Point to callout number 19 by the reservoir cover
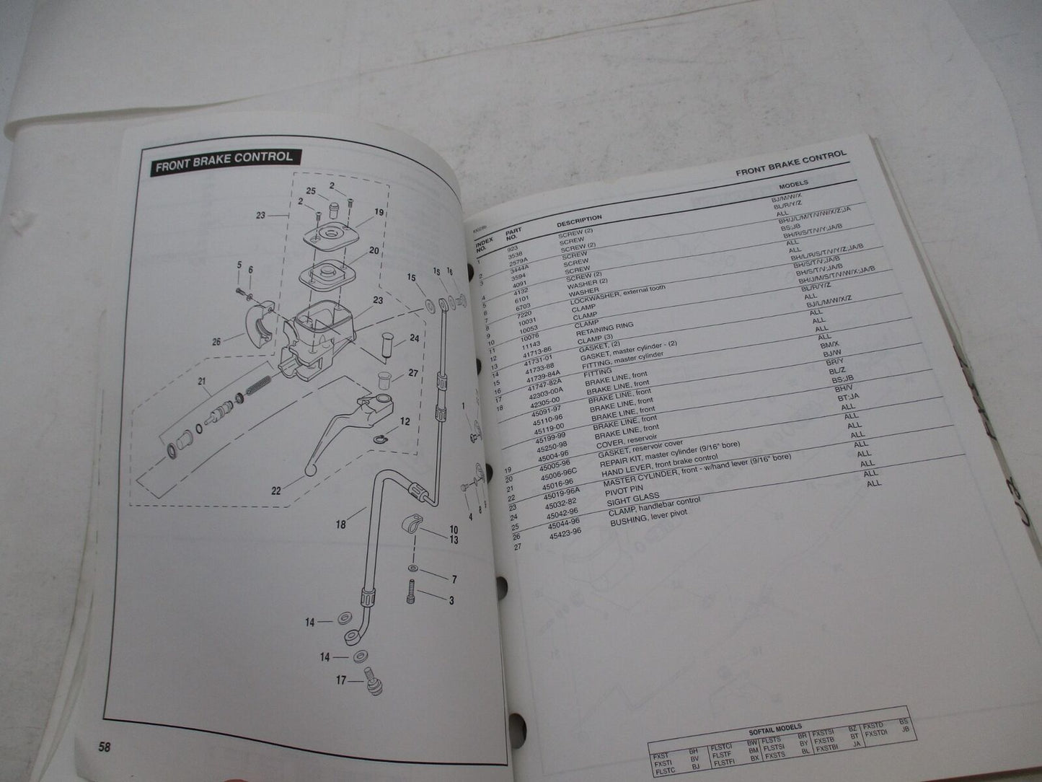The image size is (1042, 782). coord(378,213)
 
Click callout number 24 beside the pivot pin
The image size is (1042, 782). coord(414,338)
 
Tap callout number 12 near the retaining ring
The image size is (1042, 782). coord(405,422)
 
